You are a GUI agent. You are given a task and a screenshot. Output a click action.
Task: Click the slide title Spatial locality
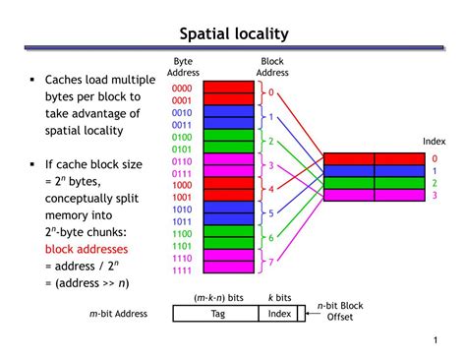coord(233,34)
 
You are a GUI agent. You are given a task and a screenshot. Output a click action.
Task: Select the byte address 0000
coord(183,87)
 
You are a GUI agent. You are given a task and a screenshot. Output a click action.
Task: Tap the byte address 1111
coord(183,270)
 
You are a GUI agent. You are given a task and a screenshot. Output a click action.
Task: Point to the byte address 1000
coord(183,184)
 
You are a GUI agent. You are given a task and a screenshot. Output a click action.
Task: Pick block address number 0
coord(271,92)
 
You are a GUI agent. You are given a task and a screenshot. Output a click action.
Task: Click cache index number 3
coord(435,195)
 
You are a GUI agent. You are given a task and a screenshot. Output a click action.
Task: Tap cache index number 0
coord(435,158)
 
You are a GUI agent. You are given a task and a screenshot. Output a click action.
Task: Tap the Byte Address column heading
coord(183,66)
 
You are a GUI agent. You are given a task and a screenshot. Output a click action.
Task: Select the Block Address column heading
coord(271,66)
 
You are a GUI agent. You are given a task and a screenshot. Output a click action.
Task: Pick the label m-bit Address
coord(118,314)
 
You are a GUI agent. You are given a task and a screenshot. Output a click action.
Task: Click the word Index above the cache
coord(434,142)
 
